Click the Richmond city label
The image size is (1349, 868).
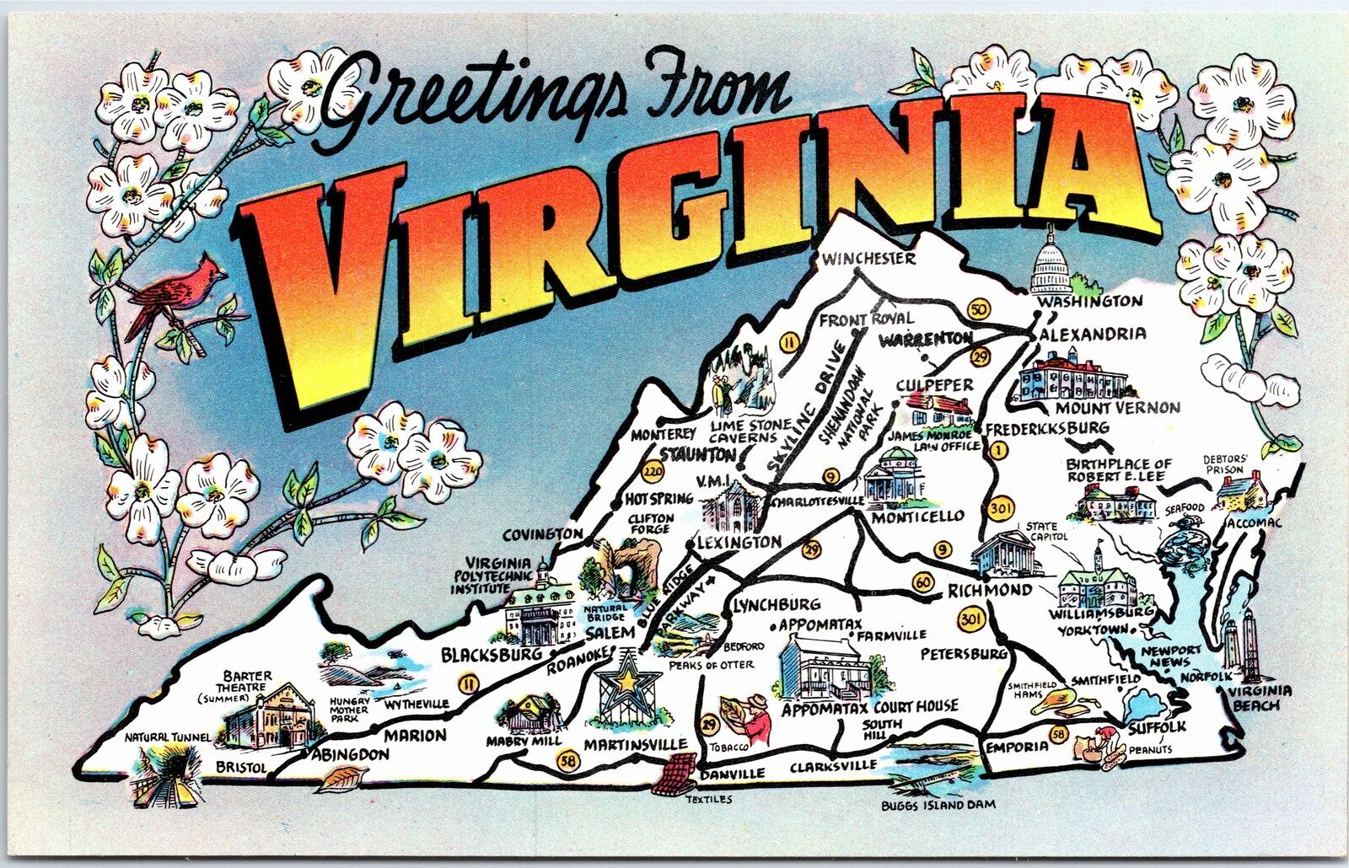[990, 590]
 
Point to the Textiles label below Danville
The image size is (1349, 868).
[708, 799]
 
